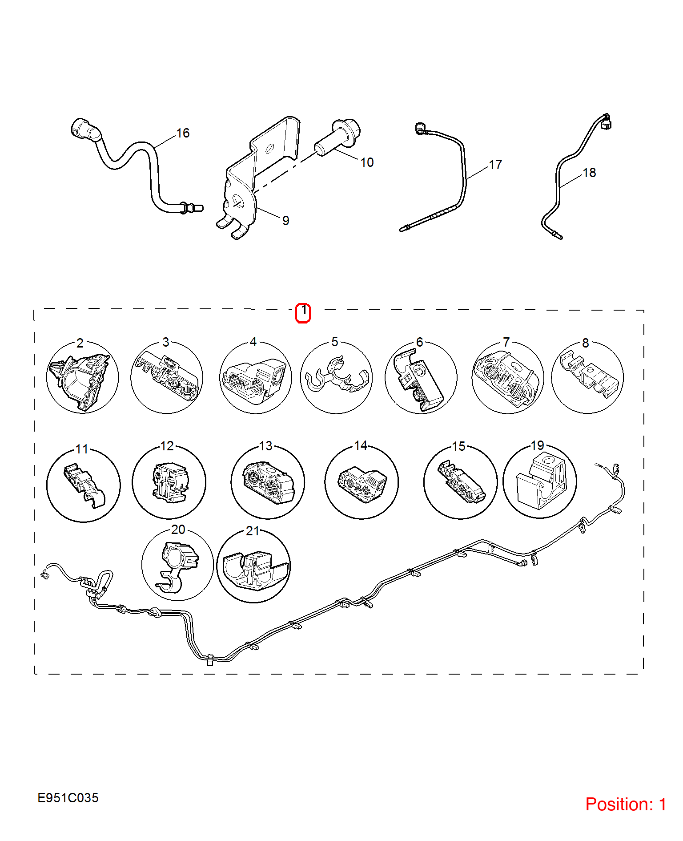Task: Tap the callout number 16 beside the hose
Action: pyautogui.click(x=183, y=133)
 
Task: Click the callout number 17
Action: pyautogui.click(x=495, y=165)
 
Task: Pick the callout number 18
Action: pyautogui.click(x=589, y=173)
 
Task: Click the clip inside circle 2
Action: pyautogui.click(x=80, y=381)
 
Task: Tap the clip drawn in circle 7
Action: pyautogui.click(x=507, y=379)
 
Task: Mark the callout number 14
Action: pyautogui.click(x=361, y=445)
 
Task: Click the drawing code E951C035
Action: pyautogui.click(x=68, y=798)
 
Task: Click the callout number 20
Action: pyautogui.click(x=178, y=530)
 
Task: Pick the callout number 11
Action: pyautogui.click(x=82, y=449)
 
